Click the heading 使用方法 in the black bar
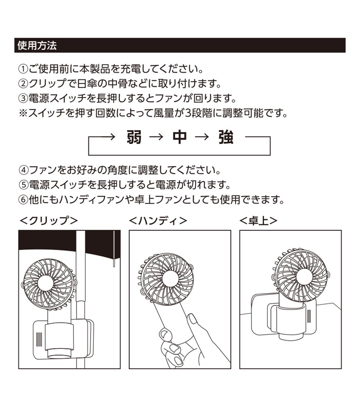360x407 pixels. tap(37, 45)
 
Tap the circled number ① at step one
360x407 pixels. tap(23, 69)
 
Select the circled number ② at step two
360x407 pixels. tap(23, 84)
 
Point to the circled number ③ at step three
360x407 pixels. tap(23, 98)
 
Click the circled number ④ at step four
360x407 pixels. tap(23, 170)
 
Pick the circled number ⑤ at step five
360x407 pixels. tap(23, 185)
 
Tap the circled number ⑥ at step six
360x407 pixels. tap(23, 200)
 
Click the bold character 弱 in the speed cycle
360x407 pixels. tap(134, 137)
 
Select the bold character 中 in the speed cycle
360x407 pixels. tap(180, 137)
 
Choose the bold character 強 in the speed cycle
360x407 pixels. tap(225, 137)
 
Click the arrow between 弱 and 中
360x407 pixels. tap(157, 137)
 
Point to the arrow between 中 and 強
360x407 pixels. tap(202, 137)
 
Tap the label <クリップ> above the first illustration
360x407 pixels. tap(49, 221)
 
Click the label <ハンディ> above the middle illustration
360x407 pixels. tap(158, 221)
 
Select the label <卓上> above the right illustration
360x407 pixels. tap(258, 221)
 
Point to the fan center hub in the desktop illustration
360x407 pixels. tap(304, 276)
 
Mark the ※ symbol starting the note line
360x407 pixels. tap(23, 113)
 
